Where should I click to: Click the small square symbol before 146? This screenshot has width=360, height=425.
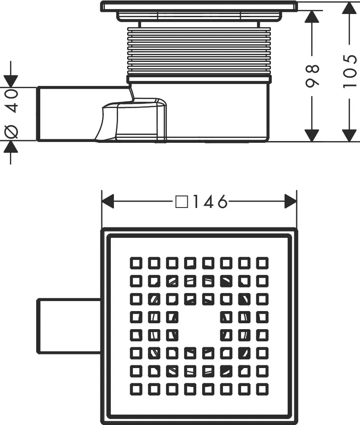pyautogui.click(x=181, y=202)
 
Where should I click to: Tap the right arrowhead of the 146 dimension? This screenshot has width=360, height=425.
pyautogui.click(x=290, y=202)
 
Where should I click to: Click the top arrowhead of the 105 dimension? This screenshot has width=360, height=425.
pyautogui.click(x=349, y=9)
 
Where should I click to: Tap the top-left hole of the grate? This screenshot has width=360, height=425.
pyautogui.click(x=136, y=262)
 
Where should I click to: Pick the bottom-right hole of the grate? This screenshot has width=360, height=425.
pyautogui.click(x=262, y=388)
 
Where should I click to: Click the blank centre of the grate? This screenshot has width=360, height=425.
pyautogui.click(x=199, y=325)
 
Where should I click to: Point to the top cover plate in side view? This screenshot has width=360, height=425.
pyautogui.click(x=199, y=6)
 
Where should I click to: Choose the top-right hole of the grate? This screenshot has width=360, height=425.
pyautogui.click(x=262, y=262)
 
